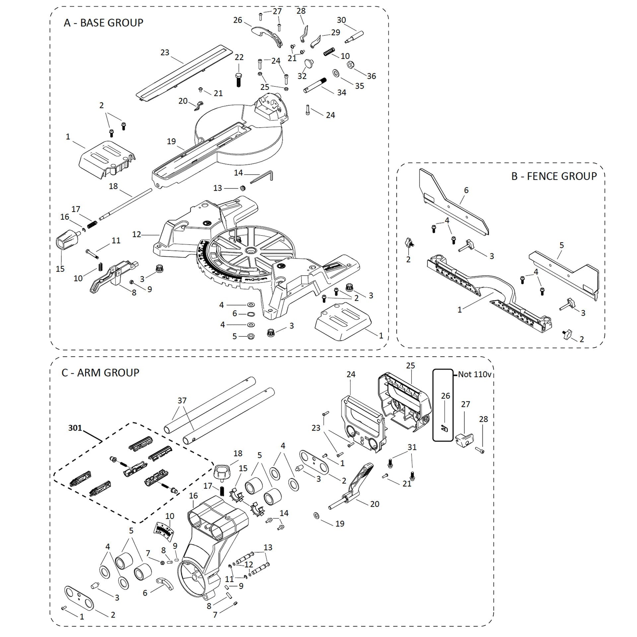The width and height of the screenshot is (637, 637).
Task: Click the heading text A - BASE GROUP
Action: click(x=104, y=23)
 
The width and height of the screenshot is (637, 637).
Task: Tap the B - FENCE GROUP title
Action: click(x=554, y=176)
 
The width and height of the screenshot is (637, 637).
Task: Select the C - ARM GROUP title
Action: click(x=100, y=373)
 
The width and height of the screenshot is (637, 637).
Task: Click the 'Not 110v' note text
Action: click(x=474, y=375)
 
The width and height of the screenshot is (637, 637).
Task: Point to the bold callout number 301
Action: click(x=75, y=428)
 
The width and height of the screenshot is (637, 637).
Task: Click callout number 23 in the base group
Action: click(x=165, y=52)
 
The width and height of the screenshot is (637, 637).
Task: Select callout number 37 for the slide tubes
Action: click(x=182, y=400)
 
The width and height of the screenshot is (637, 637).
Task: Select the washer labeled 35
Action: click(x=335, y=73)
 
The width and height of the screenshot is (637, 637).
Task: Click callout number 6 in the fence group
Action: click(x=466, y=190)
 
